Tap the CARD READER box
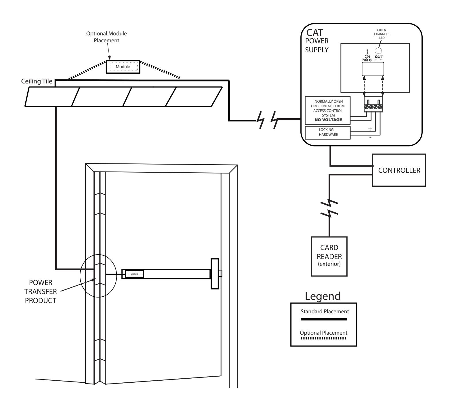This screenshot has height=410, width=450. (x=329, y=256)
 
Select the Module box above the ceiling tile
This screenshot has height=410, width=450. (x=123, y=67)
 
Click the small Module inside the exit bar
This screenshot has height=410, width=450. (x=135, y=274)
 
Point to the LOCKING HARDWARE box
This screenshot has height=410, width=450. (x=327, y=132)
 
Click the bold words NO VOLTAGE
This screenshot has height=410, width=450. (x=328, y=120)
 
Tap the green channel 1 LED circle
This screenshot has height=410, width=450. (x=379, y=51)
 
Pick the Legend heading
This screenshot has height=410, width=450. (x=323, y=296)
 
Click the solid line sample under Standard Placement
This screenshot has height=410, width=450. (x=324, y=319)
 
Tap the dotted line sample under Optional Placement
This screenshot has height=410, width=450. (x=324, y=338)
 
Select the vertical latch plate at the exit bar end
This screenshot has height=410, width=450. (x=215, y=273)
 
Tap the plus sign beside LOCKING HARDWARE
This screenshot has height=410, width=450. (x=370, y=129)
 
